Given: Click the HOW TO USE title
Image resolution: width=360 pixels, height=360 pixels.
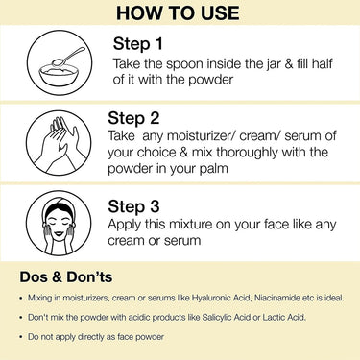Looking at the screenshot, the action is [x=178, y=12].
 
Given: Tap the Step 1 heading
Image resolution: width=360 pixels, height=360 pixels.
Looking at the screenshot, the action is [x=138, y=44].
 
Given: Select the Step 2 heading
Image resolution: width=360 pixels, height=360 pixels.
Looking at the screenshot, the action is [x=133, y=119].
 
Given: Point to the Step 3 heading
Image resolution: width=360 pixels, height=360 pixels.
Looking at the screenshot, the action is [x=133, y=206].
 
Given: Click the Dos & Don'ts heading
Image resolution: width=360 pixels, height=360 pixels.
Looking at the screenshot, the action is [x=66, y=276].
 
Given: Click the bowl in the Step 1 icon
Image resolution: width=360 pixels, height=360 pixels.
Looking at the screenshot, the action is [x=59, y=74].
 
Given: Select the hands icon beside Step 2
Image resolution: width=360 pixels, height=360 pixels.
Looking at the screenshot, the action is [x=59, y=143].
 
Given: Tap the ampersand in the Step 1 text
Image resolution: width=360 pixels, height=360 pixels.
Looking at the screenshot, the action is [x=289, y=63].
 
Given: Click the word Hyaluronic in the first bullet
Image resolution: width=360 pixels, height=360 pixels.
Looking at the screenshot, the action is [x=211, y=299].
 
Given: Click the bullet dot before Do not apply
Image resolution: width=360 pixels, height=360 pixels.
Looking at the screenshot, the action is [x=21, y=337].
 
